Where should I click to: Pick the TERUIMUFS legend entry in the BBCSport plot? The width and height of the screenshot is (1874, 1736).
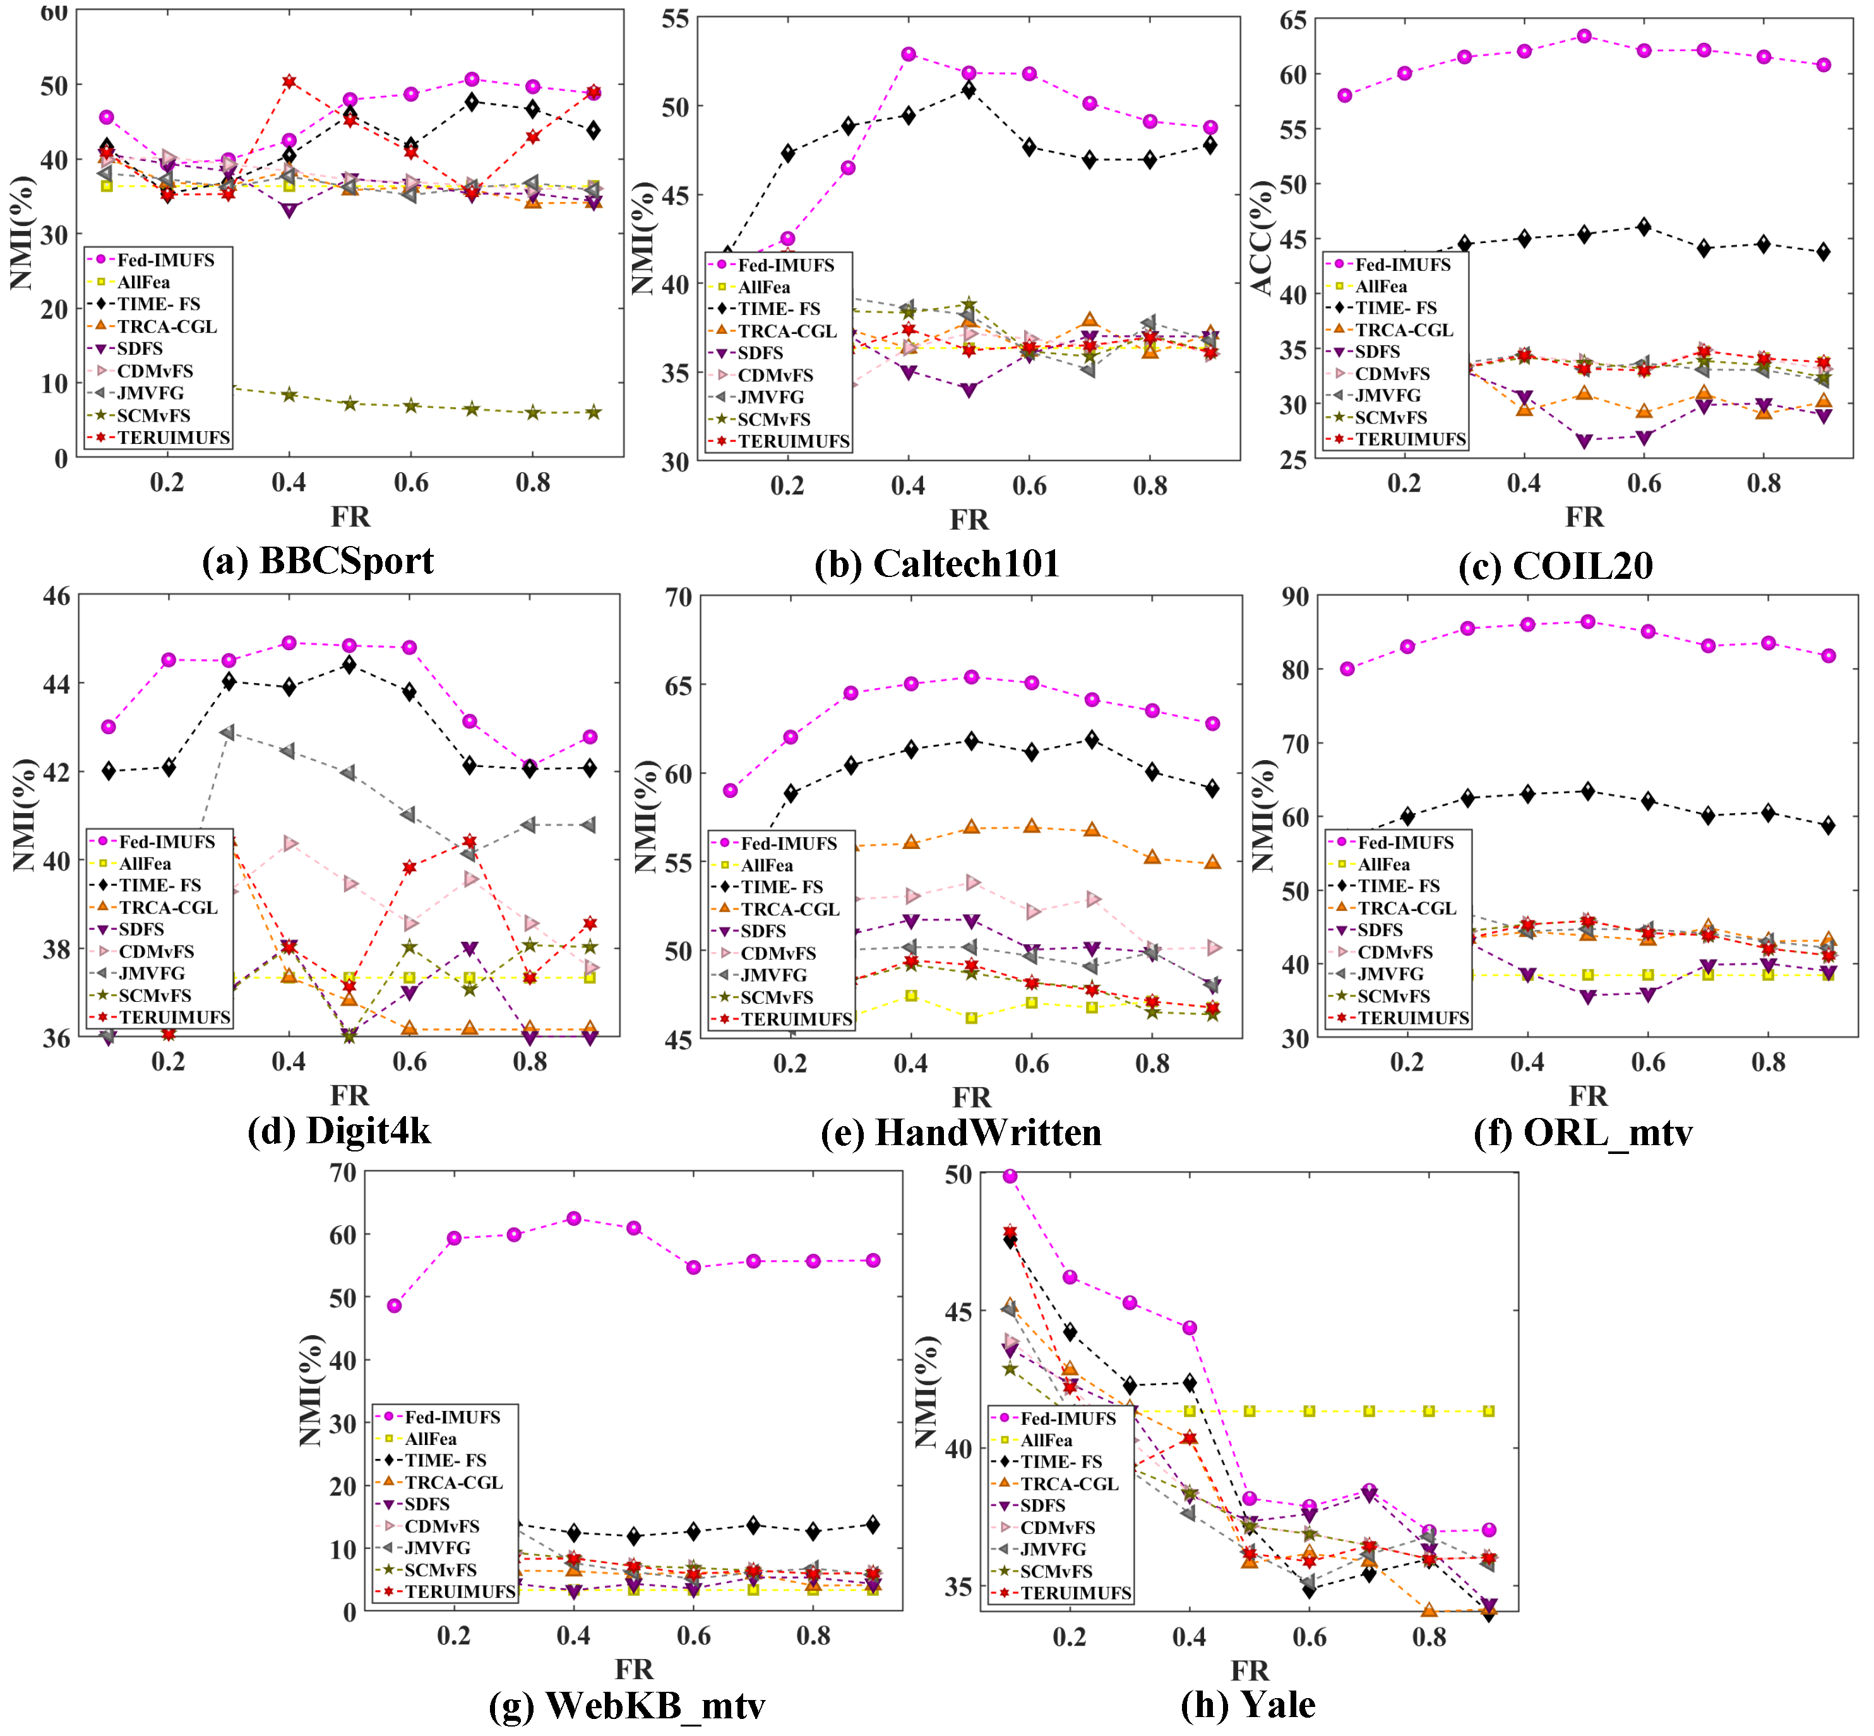coord(173,437)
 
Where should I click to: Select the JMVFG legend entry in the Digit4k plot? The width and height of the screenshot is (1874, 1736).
coord(152,973)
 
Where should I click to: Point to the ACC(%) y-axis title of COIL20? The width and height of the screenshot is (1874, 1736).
coord(1261,239)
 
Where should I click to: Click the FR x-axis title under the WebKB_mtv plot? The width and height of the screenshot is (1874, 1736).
coord(634,1668)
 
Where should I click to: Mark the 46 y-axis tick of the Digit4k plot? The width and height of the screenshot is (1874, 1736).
coord(56,595)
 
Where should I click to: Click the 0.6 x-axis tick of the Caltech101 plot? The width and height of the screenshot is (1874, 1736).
coord(1030,485)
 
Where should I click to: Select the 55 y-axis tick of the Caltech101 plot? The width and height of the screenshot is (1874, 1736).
coord(676,19)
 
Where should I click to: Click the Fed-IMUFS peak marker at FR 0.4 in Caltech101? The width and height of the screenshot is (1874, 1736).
coord(909,54)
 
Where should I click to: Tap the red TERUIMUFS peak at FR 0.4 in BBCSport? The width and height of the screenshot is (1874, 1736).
coord(289,81)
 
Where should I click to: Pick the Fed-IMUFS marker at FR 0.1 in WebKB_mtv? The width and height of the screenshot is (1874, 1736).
coord(395,1305)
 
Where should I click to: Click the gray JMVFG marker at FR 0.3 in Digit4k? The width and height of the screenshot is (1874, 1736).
coord(229,732)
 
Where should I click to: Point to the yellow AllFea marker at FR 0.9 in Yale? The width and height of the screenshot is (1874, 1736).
coord(1489,1411)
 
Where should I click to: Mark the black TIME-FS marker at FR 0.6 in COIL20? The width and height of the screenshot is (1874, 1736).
coord(1644,227)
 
